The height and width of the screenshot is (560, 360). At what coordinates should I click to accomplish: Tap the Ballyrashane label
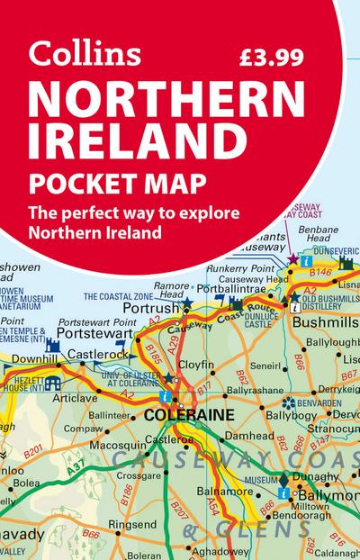point(227,393)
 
